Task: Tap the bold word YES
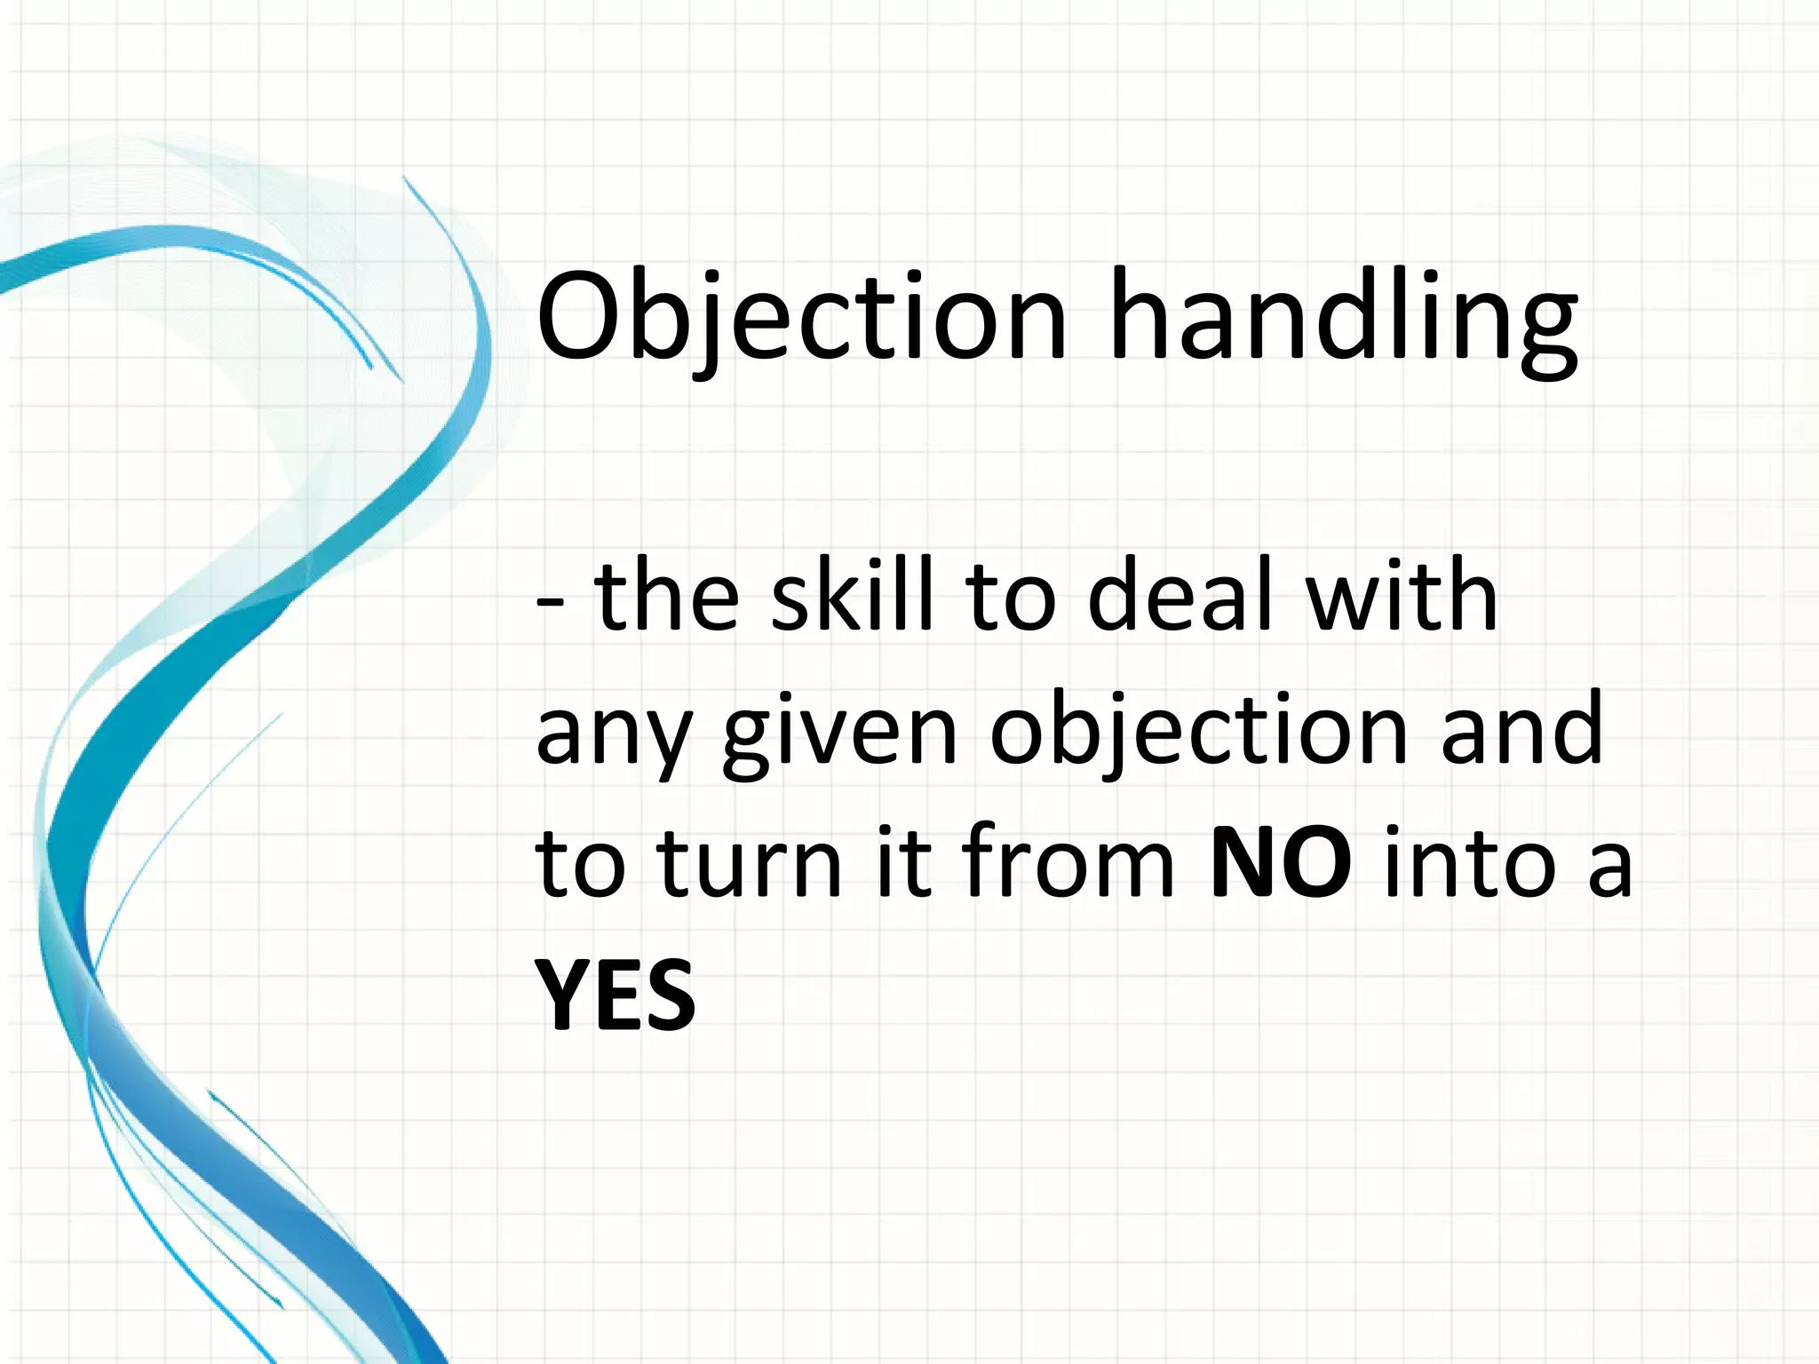pos(615,996)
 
